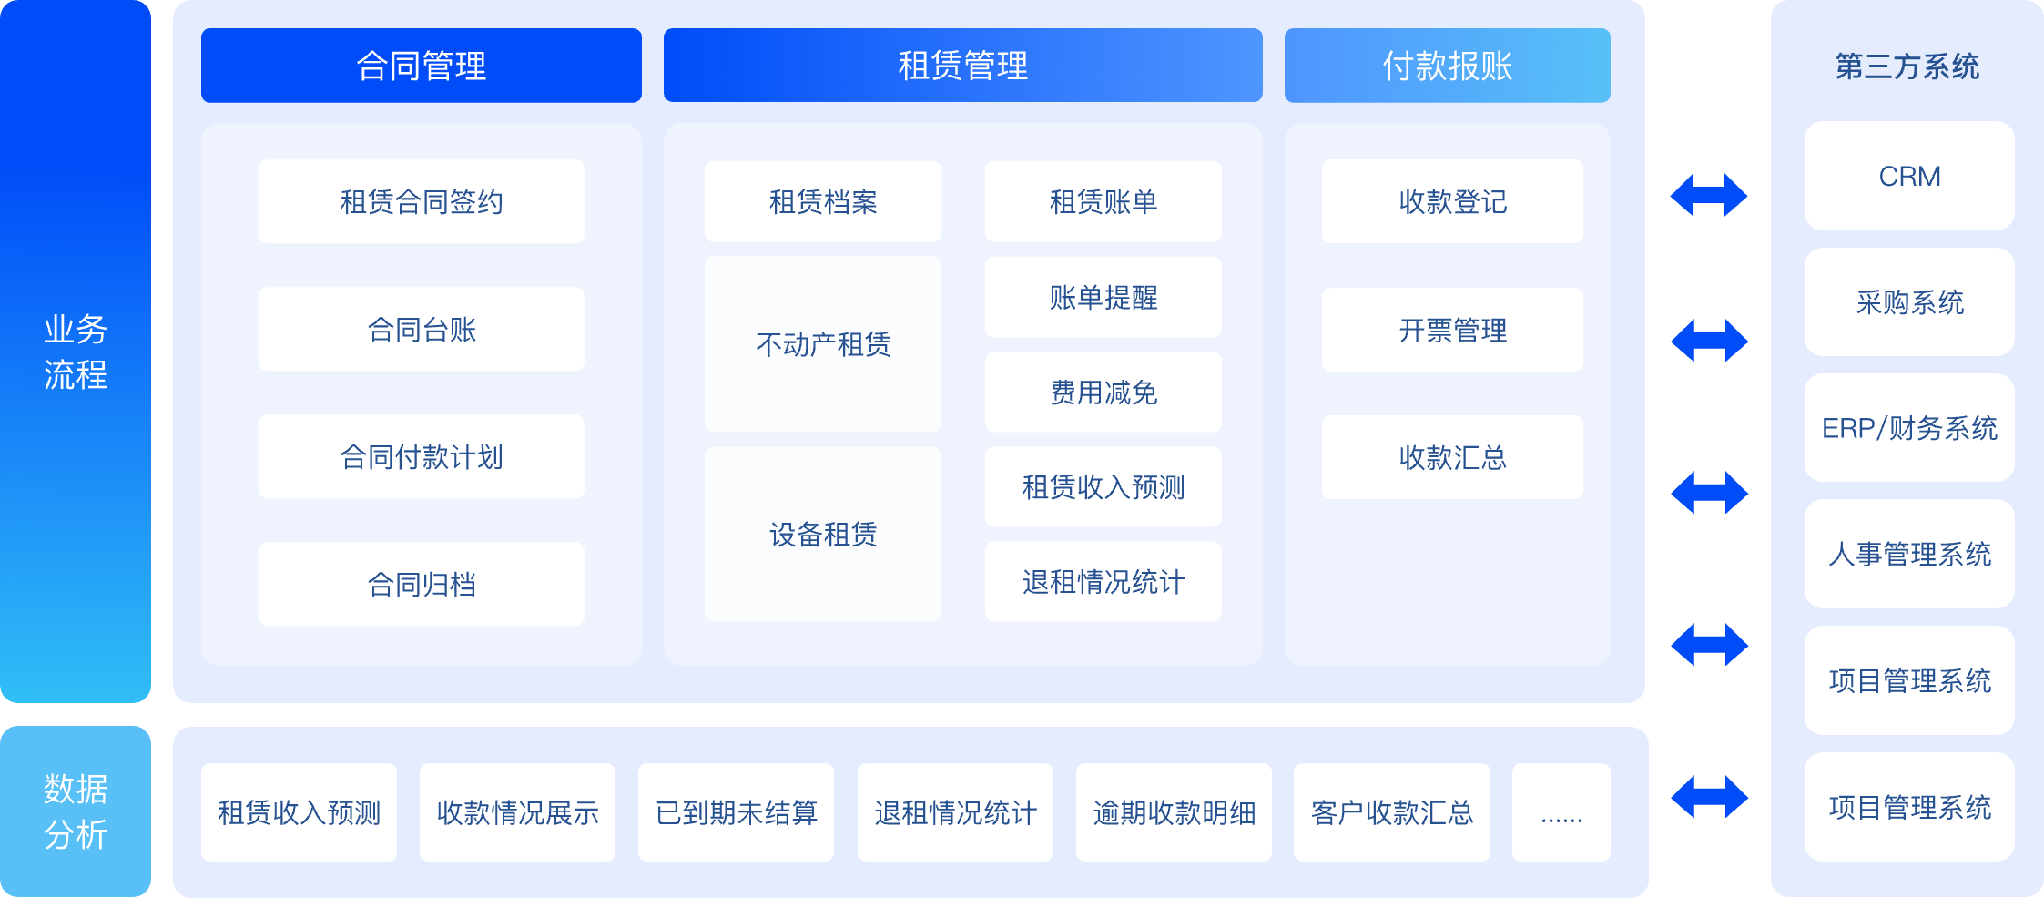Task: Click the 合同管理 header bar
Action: pos(422,66)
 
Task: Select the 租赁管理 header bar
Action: pos(963,66)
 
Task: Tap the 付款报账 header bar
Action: pos(1448,66)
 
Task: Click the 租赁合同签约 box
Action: pos(422,201)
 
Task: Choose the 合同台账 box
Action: pos(422,329)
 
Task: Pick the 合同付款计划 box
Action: pos(422,456)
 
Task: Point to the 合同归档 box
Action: pos(422,584)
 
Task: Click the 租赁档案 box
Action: pos(823,201)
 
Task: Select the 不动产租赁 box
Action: pos(823,344)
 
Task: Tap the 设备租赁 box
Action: pos(823,534)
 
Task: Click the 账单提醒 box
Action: pos(1103,297)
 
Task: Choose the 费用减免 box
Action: pos(1103,392)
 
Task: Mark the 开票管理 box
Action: pos(1452,330)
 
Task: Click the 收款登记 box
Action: pos(1452,201)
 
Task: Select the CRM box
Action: pos(1909,176)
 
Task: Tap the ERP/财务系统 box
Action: pos(1909,428)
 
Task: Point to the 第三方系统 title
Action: pos(1907,66)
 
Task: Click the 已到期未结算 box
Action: pos(737,812)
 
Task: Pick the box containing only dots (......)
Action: pos(1561,812)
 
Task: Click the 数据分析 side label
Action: pos(76,811)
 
